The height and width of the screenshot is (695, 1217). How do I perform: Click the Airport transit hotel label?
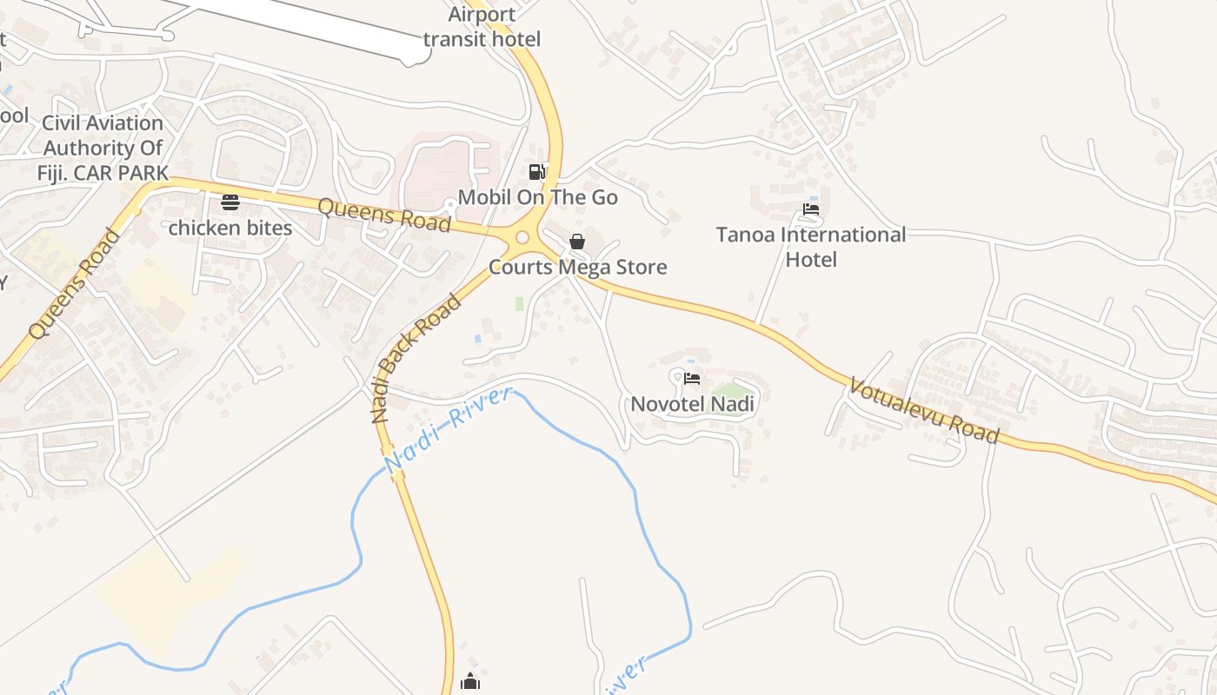pos(481,27)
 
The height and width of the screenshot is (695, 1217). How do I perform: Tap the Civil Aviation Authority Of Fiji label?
pos(103,148)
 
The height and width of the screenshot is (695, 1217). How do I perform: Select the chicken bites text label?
pos(229,228)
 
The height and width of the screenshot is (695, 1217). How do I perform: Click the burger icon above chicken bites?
pos(230,202)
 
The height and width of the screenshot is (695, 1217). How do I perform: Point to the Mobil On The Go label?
pos(537,197)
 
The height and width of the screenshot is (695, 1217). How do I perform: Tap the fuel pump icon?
pos(537,172)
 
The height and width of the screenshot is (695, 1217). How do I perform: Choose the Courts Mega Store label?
pos(577,267)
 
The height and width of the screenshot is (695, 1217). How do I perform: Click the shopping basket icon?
pos(576,242)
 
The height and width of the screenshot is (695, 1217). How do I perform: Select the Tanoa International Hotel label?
pos(810,247)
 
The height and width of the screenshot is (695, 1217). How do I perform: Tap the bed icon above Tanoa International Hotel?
pos(811,209)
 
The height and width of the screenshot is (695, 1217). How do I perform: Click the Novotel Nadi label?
pos(692,404)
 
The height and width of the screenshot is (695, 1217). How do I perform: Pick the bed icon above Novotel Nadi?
pos(692,379)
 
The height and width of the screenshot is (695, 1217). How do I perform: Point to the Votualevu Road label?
pos(924,410)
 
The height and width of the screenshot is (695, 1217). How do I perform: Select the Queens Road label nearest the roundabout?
pos(383,215)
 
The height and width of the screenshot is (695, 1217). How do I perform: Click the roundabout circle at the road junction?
pos(522,237)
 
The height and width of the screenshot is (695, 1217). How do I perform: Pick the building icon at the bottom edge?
pos(470,681)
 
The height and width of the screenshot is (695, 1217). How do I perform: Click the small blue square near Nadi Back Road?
pos(477,338)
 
